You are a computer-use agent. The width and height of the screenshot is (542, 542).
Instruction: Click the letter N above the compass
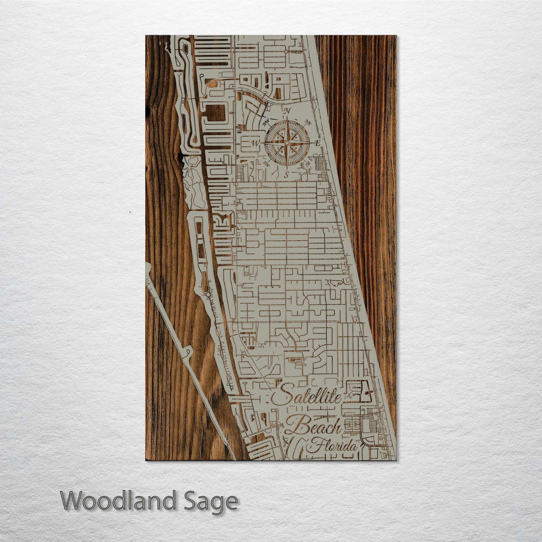(288, 111)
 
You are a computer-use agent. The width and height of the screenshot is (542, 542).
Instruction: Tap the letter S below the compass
(287, 174)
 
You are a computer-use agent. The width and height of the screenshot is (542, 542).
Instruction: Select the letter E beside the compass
(317, 144)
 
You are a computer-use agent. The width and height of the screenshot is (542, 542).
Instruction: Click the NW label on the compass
(267, 123)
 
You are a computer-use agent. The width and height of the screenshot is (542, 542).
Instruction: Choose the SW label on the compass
(267, 164)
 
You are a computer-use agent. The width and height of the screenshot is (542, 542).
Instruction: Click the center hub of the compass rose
(287, 143)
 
